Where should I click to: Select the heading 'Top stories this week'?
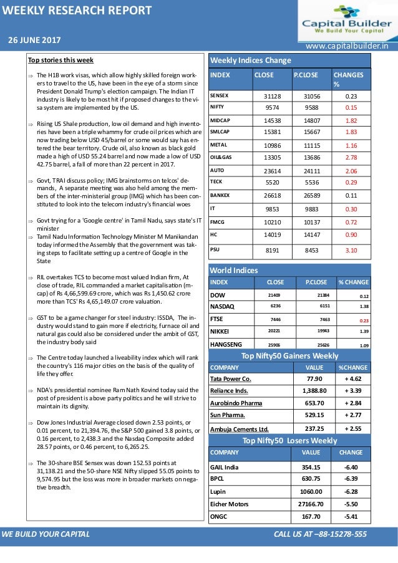61,60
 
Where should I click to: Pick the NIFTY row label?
218,107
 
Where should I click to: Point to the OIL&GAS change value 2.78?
351,157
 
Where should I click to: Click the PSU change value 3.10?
351,250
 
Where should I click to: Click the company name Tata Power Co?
231,378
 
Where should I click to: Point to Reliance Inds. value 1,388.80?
309,390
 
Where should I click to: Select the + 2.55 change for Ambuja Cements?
353,428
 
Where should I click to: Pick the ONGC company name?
220,516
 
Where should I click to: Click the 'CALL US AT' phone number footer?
320,534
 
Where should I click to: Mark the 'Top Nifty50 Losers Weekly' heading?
289,440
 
